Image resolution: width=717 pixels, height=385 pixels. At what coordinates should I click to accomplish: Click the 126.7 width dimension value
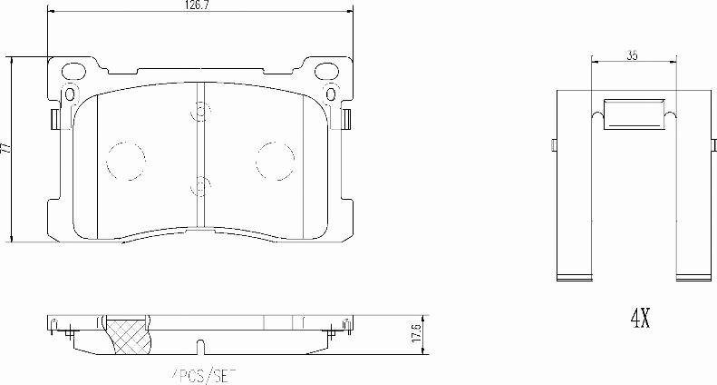[x=198, y=5]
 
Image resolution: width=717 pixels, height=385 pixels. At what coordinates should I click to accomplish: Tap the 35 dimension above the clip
[x=632, y=56]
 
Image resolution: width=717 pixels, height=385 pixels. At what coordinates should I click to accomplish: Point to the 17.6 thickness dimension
[x=417, y=331]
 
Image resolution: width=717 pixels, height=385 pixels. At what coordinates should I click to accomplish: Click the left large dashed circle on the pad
[x=125, y=161]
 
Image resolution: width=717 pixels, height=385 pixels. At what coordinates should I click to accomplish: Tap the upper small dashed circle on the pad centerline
[x=199, y=114]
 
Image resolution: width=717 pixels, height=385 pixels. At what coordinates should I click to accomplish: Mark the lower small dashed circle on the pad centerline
[x=199, y=185]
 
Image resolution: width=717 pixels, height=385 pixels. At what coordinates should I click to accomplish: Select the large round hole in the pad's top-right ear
[x=324, y=69]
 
